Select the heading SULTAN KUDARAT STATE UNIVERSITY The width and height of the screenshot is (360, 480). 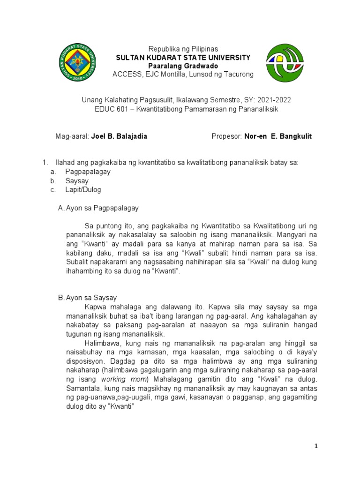[x=183, y=57]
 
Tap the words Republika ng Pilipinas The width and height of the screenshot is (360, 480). [x=183, y=49]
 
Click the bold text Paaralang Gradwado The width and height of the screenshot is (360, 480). [x=183, y=66]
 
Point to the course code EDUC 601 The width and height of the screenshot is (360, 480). [x=111, y=109]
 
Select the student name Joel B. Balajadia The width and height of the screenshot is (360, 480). [x=119, y=136]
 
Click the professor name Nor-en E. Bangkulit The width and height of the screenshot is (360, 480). [x=277, y=136]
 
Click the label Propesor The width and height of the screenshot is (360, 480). [x=226, y=136]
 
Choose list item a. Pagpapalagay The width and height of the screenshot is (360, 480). [x=88, y=172]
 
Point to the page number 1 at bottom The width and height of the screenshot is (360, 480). [x=316, y=446]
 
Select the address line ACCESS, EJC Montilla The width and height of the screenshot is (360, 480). [x=183, y=75]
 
